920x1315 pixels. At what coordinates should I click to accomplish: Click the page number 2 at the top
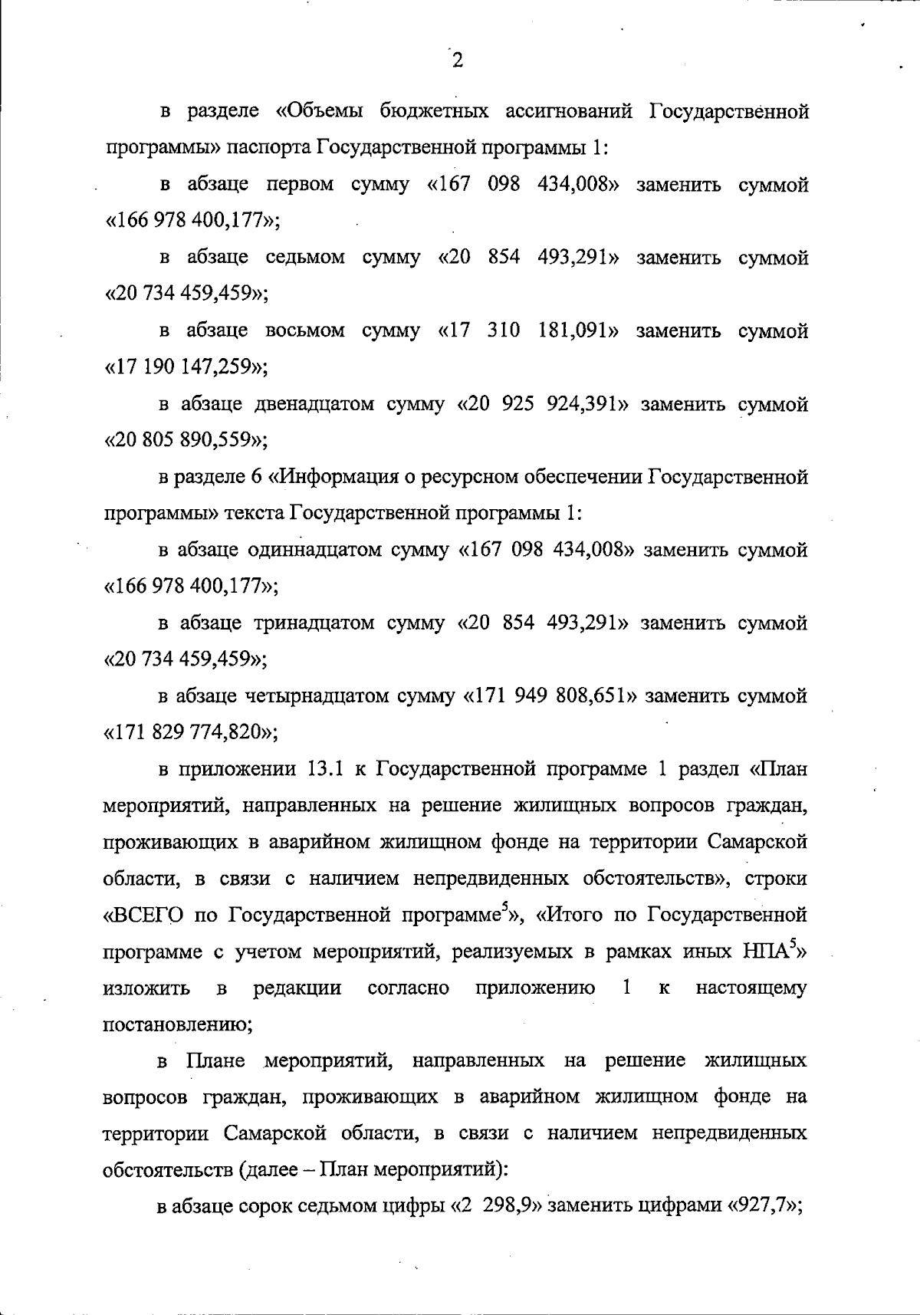[x=458, y=61]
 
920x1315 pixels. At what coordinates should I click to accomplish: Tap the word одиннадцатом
[x=315, y=551]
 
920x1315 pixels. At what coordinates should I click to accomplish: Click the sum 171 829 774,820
[x=189, y=732]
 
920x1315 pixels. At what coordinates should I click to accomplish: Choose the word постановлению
[x=177, y=1024]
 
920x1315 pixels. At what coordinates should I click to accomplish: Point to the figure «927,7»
[x=764, y=1206]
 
